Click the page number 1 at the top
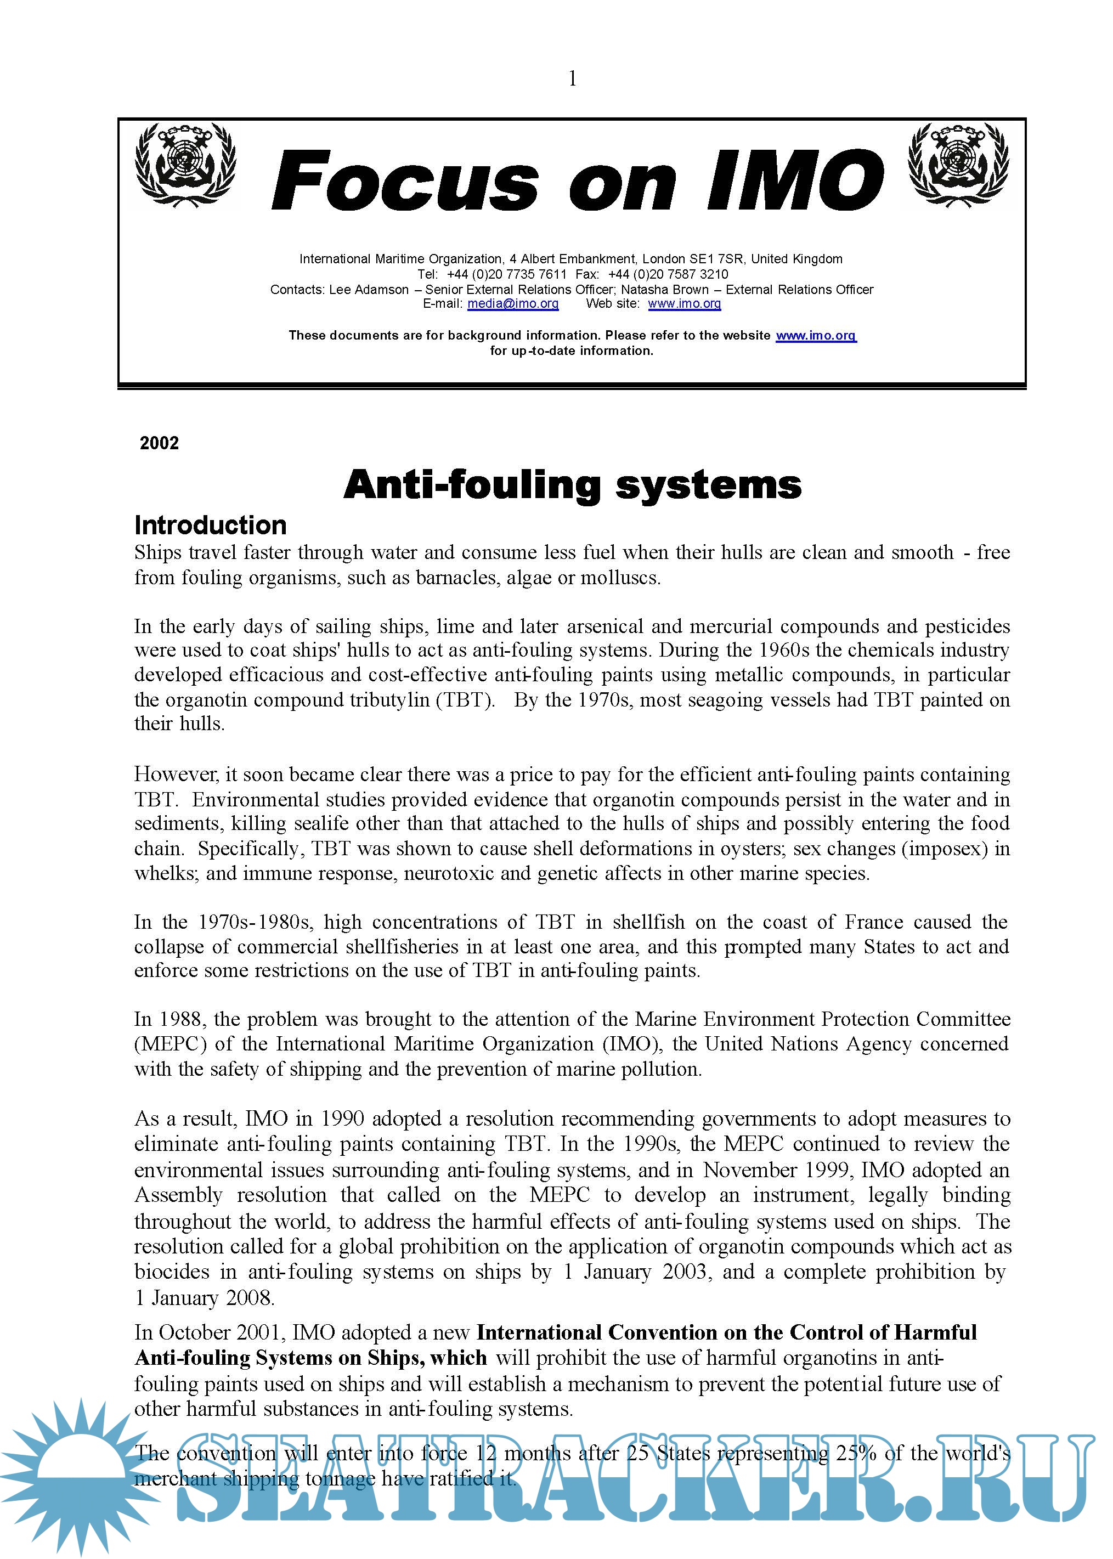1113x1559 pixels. [572, 79]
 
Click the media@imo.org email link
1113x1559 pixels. [513, 303]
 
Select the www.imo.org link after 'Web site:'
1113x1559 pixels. [684, 303]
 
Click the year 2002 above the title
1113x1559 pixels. [159, 443]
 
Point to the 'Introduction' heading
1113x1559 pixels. [211, 526]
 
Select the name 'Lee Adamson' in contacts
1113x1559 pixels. [369, 289]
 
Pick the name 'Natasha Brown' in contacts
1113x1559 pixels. [664, 289]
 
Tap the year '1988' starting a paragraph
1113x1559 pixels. [181, 1019]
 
